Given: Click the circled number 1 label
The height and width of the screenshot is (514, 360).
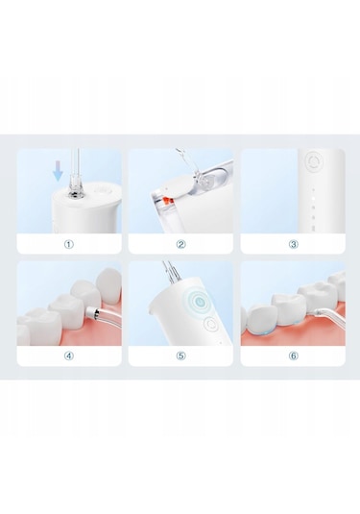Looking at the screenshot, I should [x=69, y=244].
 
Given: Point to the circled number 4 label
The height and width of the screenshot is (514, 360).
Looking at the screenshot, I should [x=69, y=355].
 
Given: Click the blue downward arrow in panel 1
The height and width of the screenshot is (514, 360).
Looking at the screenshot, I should [x=57, y=170].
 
